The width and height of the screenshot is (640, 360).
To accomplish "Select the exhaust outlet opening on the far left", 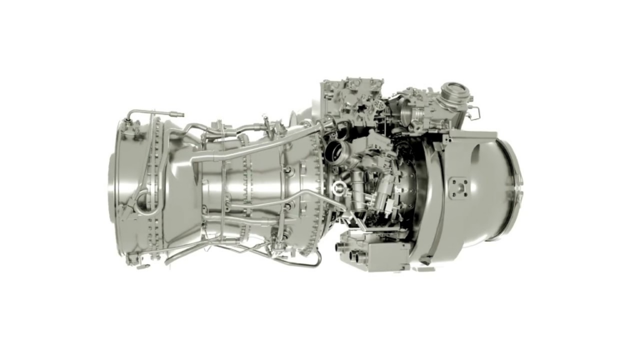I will (117, 188).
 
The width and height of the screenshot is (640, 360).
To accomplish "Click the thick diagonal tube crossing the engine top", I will (250, 149).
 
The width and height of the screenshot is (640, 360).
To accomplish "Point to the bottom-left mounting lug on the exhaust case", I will (132, 258).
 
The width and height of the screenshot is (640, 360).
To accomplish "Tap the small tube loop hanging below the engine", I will (310, 260).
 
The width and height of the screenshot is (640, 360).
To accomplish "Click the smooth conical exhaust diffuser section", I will (179, 192).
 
